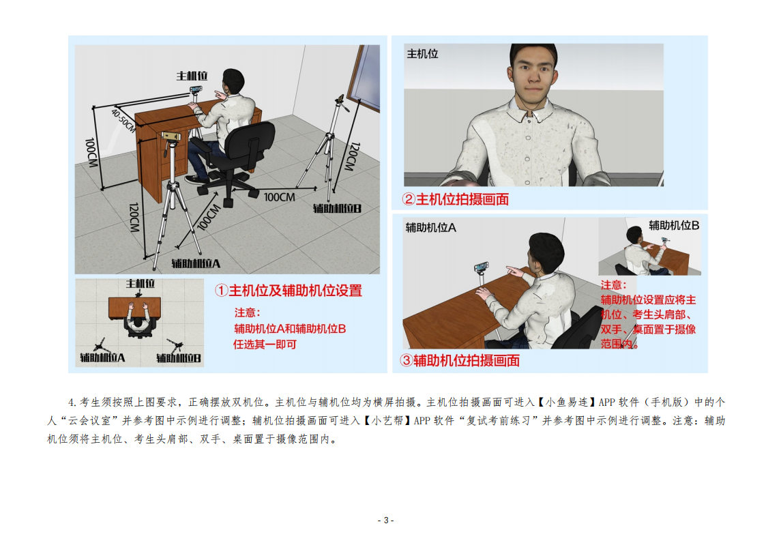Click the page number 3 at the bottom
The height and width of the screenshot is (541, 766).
[385, 520]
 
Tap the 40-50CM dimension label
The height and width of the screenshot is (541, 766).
[123, 120]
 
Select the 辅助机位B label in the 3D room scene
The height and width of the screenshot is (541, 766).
[337, 209]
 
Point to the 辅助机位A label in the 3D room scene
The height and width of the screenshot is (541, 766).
[196, 264]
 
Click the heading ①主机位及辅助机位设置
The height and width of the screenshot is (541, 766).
[289, 291]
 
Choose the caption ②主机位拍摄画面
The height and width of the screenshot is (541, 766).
[455, 199]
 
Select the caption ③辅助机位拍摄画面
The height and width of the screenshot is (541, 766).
[460, 361]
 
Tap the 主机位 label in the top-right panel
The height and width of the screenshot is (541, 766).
[423, 54]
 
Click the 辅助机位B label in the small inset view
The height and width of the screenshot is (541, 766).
[674, 225]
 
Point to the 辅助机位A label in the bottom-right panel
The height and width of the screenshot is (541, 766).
[431, 228]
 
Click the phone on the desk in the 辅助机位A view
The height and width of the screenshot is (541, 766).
[481, 267]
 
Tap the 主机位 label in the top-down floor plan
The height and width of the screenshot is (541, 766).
[141, 283]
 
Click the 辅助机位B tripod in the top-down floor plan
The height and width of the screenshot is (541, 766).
[175, 345]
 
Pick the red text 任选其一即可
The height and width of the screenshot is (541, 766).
[265, 345]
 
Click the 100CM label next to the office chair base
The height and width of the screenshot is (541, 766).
[280, 197]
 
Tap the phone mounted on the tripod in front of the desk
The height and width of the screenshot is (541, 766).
[171, 136]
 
